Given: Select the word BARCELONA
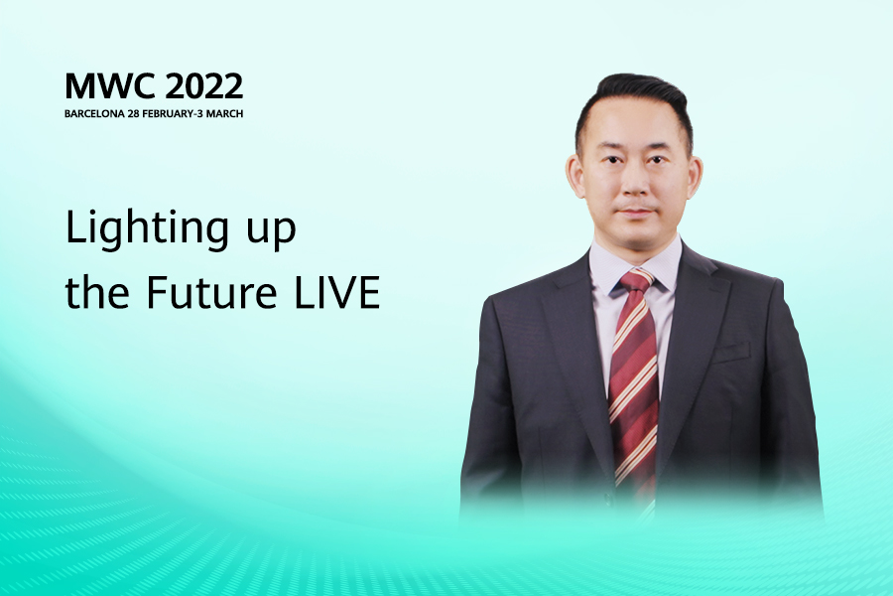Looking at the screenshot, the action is pyautogui.click(x=94, y=113).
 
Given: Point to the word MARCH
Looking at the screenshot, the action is pyautogui.click(x=224, y=113).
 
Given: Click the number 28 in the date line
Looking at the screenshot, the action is pyautogui.click(x=133, y=113).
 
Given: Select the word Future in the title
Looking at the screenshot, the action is pyautogui.click(x=212, y=292).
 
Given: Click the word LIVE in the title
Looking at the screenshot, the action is pyautogui.click(x=337, y=292).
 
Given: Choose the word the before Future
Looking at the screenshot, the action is pyautogui.click(x=97, y=291).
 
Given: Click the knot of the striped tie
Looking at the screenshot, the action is pyautogui.click(x=636, y=282).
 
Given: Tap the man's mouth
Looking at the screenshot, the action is pyautogui.click(x=636, y=213).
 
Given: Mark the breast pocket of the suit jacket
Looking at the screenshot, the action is pyautogui.click(x=730, y=352).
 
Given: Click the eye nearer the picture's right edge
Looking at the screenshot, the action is pyautogui.click(x=657, y=160).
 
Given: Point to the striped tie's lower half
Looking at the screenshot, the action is pyautogui.click(x=634, y=433).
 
